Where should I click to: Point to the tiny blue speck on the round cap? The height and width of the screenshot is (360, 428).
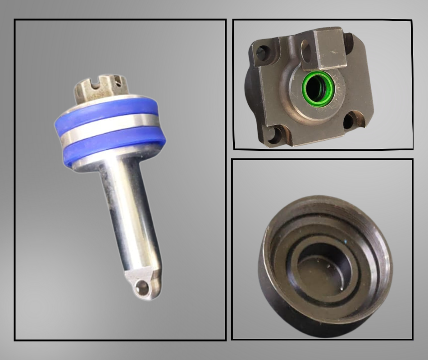[x=346, y=241]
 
